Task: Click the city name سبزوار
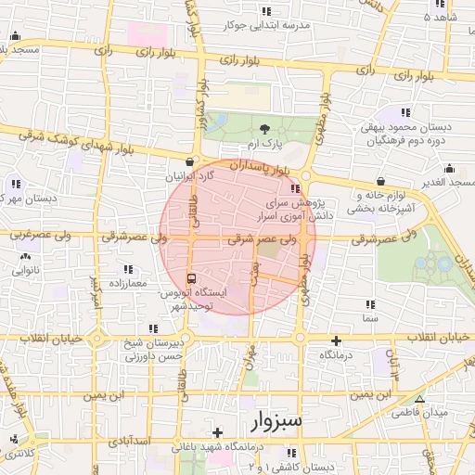point(276,422)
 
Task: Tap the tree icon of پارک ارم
point(265,129)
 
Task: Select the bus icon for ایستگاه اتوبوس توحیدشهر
point(192,277)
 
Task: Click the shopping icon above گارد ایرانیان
point(190,160)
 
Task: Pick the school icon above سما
point(370,304)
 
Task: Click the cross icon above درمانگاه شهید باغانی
point(217,432)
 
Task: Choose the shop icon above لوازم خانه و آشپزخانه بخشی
point(381,181)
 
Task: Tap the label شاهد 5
point(440,18)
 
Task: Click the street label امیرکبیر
point(92,290)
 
